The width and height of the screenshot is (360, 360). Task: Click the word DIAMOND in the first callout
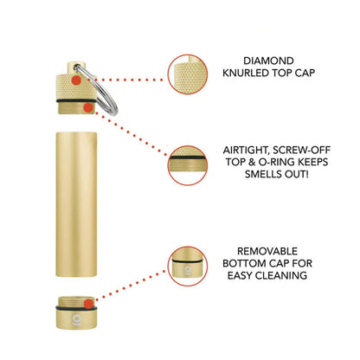[268, 61]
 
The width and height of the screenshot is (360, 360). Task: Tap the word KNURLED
[246, 73]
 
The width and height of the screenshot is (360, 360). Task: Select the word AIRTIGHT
[246, 151]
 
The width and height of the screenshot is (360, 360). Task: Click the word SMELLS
[260, 174]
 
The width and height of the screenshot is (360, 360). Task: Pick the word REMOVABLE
[267, 251]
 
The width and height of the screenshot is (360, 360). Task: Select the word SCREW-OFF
[301, 151]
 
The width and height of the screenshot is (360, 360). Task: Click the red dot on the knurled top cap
[76, 80]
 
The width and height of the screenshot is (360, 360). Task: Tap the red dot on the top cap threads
[88, 108]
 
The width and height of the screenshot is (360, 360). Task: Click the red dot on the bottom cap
[89, 304]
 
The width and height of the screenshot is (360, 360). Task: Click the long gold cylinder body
[76, 204]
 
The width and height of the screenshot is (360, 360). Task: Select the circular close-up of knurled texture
[188, 74]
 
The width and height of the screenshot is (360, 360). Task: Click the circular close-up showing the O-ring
[188, 165]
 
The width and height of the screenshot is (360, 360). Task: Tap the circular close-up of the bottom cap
[188, 267]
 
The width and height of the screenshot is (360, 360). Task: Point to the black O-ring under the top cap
[76, 101]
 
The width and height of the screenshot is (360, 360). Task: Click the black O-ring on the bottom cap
[76, 309]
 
